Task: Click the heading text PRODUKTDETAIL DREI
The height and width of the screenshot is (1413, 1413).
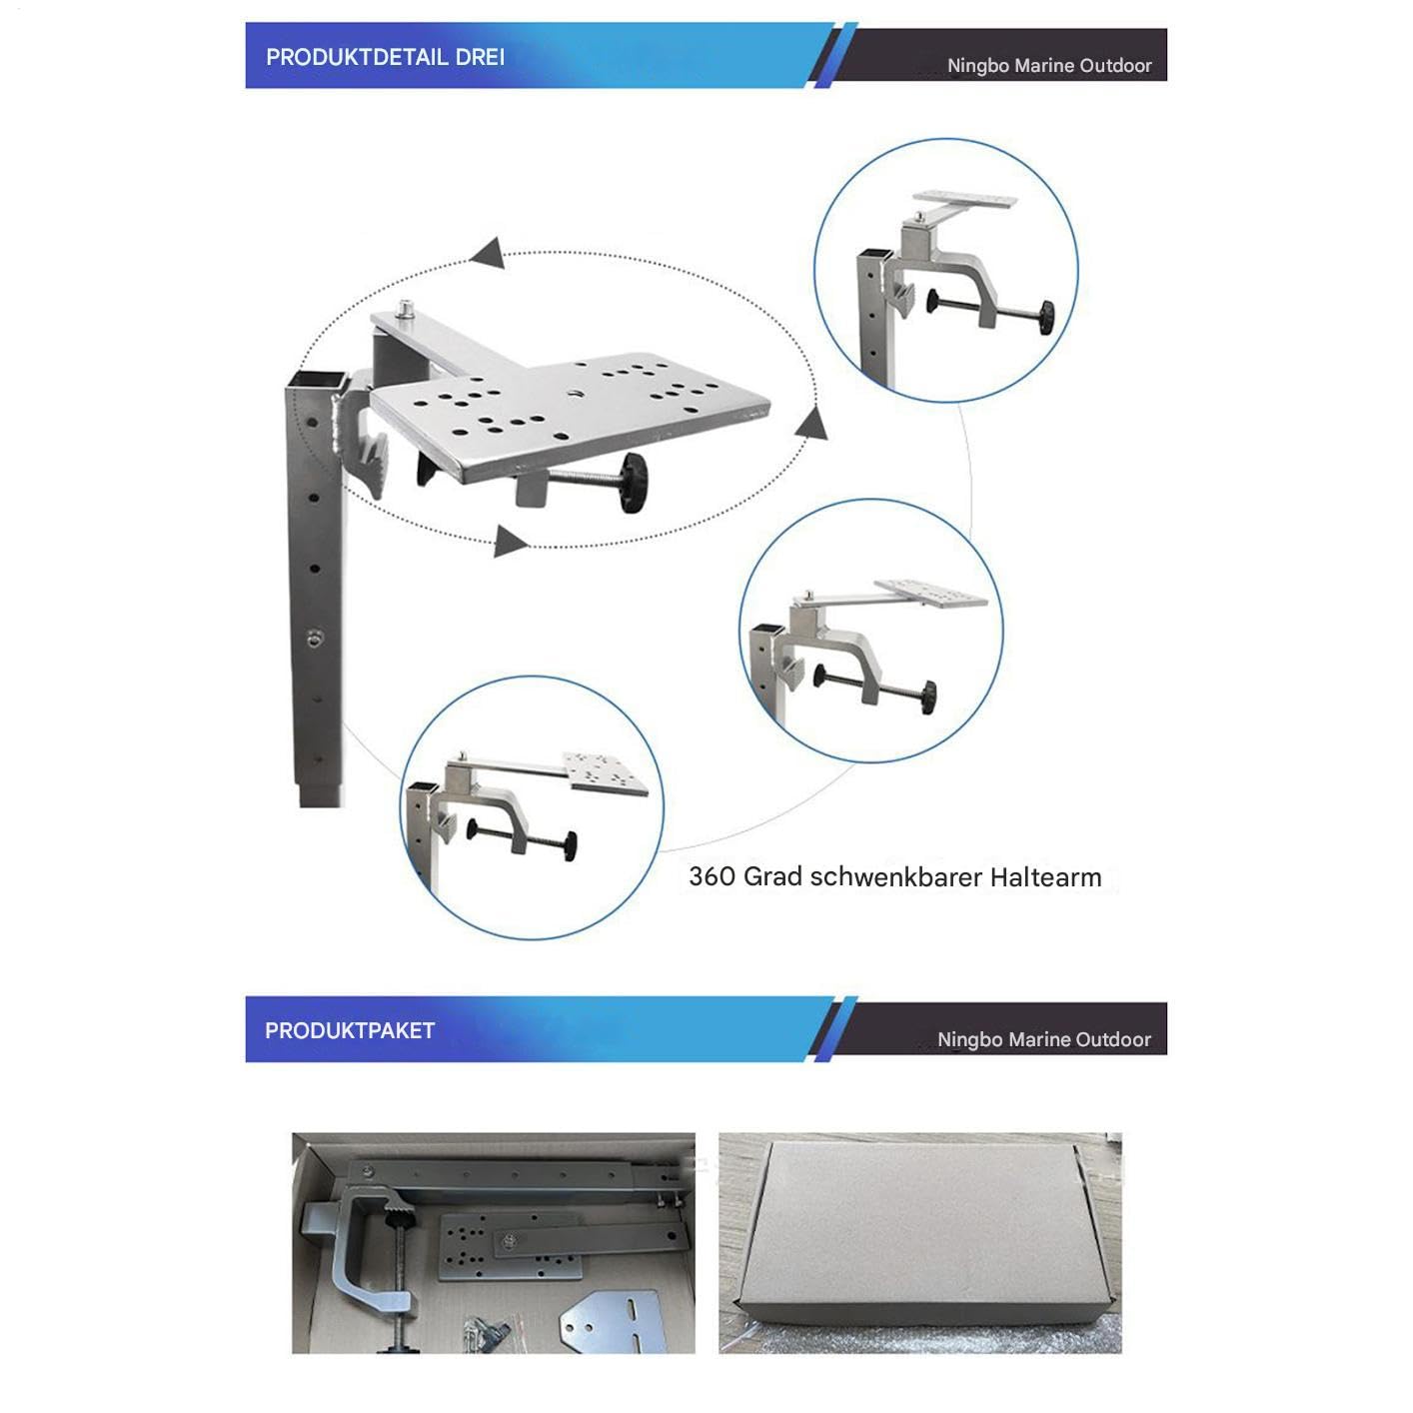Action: click(x=385, y=57)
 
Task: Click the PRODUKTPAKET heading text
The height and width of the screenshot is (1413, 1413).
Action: click(x=350, y=1030)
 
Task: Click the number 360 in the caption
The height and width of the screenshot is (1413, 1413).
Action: click(x=712, y=876)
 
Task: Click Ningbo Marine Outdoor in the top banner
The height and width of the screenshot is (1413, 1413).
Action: click(x=1049, y=66)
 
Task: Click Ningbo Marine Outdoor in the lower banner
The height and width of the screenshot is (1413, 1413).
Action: click(x=1044, y=1039)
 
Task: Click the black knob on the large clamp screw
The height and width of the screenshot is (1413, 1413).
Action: click(x=632, y=482)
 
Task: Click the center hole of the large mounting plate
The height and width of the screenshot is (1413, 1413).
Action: click(x=575, y=393)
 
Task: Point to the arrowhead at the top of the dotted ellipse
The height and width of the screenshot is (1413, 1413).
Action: click(x=487, y=253)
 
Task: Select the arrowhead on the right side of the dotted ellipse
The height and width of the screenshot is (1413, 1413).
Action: click(x=811, y=425)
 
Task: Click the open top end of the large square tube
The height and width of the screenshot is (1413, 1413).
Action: click(x=315, y=381)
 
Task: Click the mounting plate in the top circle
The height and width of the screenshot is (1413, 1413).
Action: click(x=965, y=199)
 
